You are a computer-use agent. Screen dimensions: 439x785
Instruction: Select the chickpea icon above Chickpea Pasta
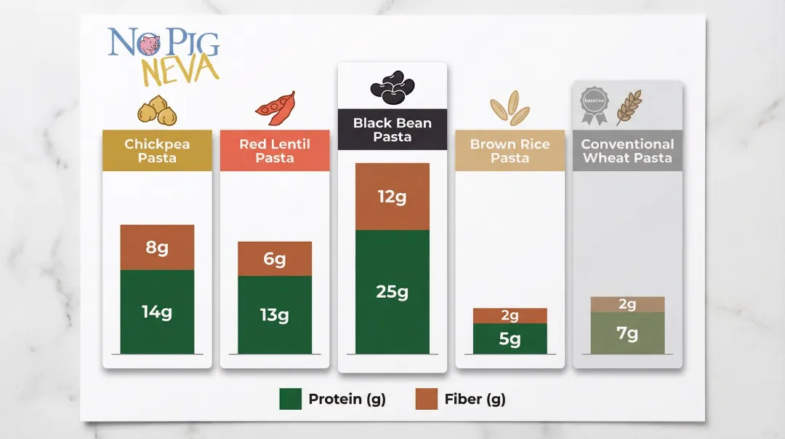pyautogui.click(x=157, y=110)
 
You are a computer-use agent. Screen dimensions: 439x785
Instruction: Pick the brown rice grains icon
pyautogui.click(x=510, y=107)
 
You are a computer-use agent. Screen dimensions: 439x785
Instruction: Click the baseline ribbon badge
pyautogui.click(x=593, y=106)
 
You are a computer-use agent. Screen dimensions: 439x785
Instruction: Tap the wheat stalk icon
pyautogui.click(x=629, y=106)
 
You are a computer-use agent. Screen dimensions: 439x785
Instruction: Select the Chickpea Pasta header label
pyautogui.click(x=157, y=151)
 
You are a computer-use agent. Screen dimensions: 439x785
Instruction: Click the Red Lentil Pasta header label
pyautogui.click(x=275, y=151)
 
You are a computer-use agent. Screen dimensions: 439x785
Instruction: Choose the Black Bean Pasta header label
pyautogui.click(x=392, y=130)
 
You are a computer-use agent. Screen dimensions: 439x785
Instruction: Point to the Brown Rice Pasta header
pyautogui.click(x=510, y=151)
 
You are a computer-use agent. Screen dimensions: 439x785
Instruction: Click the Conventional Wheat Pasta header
pyautogui.click(x=627, y=151)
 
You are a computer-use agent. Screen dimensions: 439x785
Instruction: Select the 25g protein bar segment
pyautogui.click(x=392, y=292)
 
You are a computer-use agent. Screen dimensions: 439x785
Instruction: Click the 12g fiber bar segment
pyautogui.click(x=392, y=197)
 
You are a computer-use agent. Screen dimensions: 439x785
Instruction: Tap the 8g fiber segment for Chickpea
pyautogui.click(x=157, y=248)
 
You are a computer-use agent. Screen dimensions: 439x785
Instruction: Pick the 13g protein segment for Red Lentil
pyautogui.click(x=275, y=315)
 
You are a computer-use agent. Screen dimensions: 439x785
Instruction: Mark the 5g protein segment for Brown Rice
pyautogui.click(x=510, y=339)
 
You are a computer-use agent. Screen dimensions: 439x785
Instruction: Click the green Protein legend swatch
pyautogui.click(x=290, y=399)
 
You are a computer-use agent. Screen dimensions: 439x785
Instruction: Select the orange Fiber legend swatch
pyautogui.click(x=426, y=399)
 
